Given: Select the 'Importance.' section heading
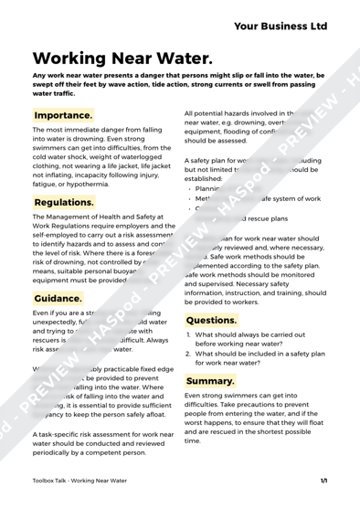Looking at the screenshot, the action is [63, 116].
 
